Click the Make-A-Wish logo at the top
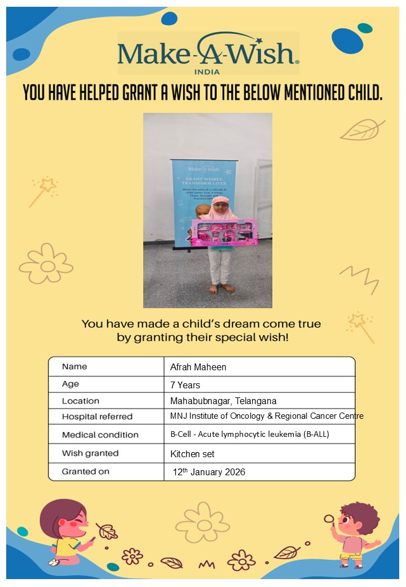tap(208, 53)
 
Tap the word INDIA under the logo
tap(207, 72)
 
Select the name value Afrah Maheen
tap(198, 367)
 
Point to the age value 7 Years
tap(185, 385)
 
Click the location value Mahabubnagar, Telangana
tap(223, 401)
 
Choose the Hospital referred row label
tap(97, 417)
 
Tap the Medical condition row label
tap(100, 435)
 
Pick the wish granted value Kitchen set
tap(192, 454)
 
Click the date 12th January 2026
tap(209, 472)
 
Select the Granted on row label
tap(86, 471)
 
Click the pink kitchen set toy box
tap(224, 233)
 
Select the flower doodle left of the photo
tap(46, 264)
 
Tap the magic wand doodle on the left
tap(43, 191)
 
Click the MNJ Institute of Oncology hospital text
tap(267, 416)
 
